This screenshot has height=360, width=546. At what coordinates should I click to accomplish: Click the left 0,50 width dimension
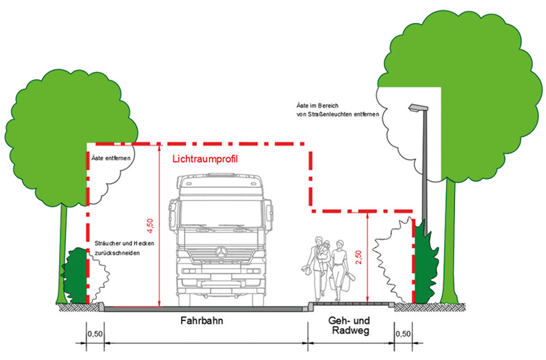[x=95, y=334]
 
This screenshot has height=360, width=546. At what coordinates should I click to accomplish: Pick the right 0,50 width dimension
[x=402, y=334]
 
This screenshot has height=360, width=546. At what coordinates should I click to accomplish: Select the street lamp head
[x=416, y=107]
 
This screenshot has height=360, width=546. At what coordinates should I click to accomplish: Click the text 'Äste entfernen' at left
[x=110, y=159]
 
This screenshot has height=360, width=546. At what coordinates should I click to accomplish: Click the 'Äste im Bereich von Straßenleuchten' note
[x=335, y=110]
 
